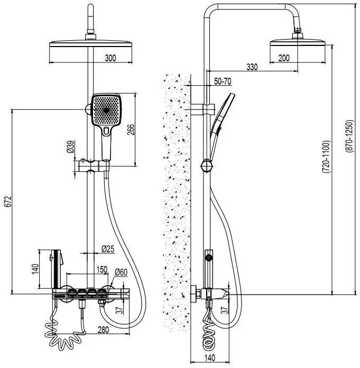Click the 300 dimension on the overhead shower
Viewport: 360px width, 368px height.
(x=110, y=58)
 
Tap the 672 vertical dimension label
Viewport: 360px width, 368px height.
(x=6, y=201)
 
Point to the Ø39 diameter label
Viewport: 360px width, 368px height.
(x=70, y=147)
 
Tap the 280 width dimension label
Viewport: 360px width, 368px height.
(x=104, y=330)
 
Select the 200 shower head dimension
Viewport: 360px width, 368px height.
(x=283, y=58)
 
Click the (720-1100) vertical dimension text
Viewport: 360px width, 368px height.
(x=326, y=158)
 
